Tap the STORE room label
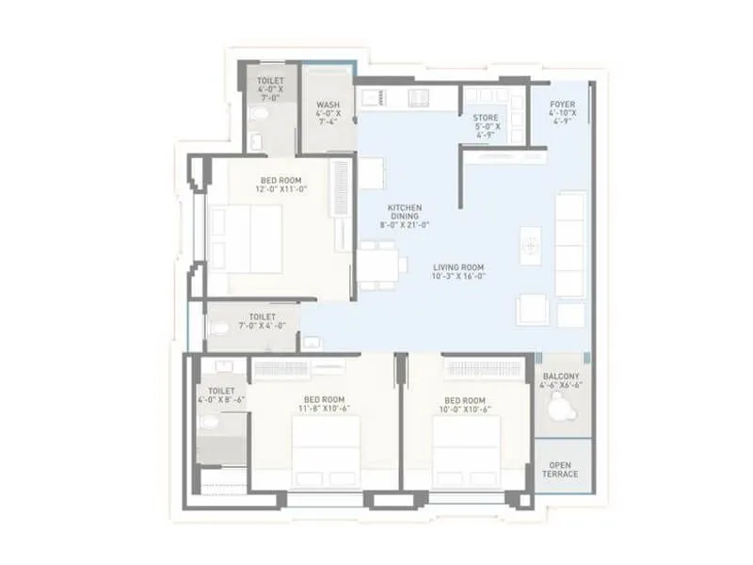[x=486, y=126]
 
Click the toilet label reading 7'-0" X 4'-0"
[x=262, y=322]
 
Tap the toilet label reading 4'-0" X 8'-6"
[x=221, y=395]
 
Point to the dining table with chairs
[x=379, y=263]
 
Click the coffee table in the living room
[x=530, y=244]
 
